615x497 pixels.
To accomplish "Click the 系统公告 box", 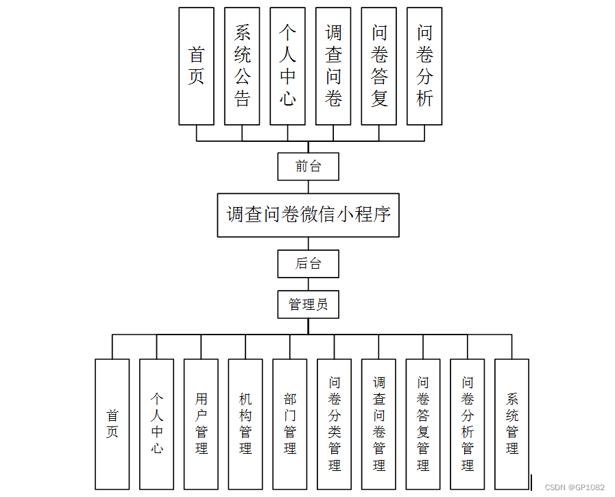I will (242, 66).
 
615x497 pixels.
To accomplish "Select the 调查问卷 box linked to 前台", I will (333, 66).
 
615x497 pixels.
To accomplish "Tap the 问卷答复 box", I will (379, 66).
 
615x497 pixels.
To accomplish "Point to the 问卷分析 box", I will (424, 66).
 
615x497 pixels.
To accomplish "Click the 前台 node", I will (308, 166).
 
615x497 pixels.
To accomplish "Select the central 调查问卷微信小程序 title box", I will (308, 215).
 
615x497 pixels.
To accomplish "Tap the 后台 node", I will (308, 263).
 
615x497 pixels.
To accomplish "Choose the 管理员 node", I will (308, 304).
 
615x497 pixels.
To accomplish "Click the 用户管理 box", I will (201, 424).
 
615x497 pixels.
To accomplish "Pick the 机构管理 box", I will (245, 424).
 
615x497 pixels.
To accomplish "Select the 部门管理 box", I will (290, 424).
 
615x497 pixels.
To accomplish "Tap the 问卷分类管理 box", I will (335, 424).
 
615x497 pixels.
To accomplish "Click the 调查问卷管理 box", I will (379, 424).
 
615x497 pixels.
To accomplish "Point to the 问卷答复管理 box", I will (423, 424).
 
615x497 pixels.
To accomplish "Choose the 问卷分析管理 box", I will (468, 424).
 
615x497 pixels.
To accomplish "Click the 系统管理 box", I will (512, 424).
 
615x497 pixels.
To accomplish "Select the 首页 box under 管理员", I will (112, 424).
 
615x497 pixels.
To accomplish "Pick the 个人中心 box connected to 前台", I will (287, 66).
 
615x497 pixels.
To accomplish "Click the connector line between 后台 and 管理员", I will (308, 284).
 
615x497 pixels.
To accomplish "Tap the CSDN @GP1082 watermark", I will (575, 487).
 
